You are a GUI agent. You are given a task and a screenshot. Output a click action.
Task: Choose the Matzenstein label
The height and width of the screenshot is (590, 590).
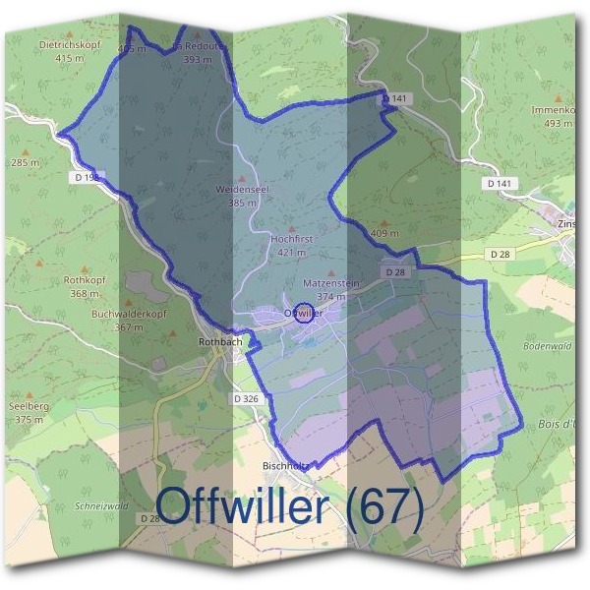pyautogui.click(x=331, y=283)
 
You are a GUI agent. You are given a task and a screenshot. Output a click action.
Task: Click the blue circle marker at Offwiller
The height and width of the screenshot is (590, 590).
pyautogui.click(x=304, y=313)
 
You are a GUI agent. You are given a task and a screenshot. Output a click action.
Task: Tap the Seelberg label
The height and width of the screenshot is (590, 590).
pyautogui.click(x=29, y=406)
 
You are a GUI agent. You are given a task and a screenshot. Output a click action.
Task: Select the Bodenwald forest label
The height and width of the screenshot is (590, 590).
pyautogui.click(x=547, y=346)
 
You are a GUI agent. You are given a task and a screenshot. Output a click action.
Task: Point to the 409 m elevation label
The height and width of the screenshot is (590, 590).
pyautogui.click(x=384, y=234)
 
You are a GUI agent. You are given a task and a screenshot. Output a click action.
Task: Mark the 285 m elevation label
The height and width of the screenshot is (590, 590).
pyautogui.click(x=25, y=162)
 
